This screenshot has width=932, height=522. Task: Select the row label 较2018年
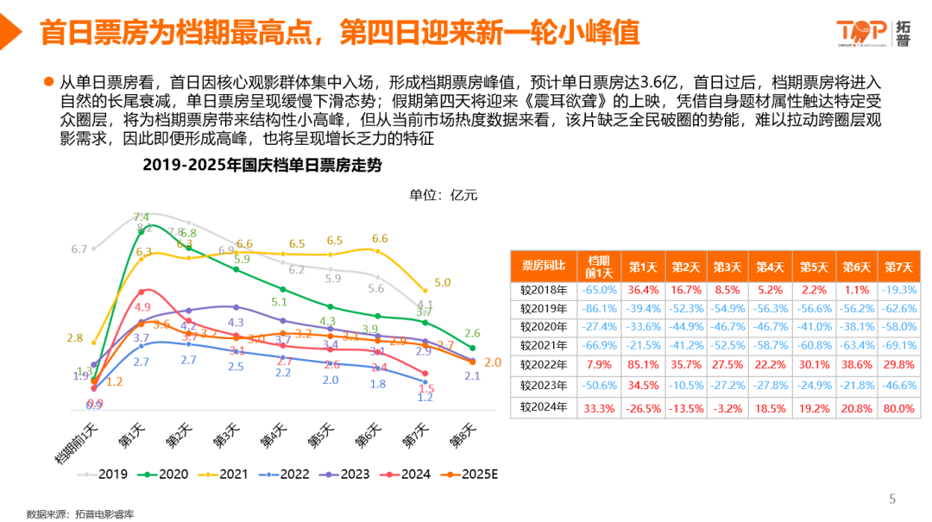coord(544,289)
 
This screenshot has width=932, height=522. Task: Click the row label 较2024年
coord(544,406)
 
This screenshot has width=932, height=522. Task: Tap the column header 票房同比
coord(544,266)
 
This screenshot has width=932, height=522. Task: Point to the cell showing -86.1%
coord(599,308)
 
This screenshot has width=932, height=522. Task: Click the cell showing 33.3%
coord(599,406)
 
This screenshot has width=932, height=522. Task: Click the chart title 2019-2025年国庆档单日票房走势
coord(286,164)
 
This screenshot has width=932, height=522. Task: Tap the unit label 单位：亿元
coord(443,194)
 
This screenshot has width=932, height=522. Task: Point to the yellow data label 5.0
coord(443,282)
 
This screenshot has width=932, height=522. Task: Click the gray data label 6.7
coord(79,249)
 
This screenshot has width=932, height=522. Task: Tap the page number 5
coord(892,499)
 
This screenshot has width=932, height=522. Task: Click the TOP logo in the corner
coord(872,33)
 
